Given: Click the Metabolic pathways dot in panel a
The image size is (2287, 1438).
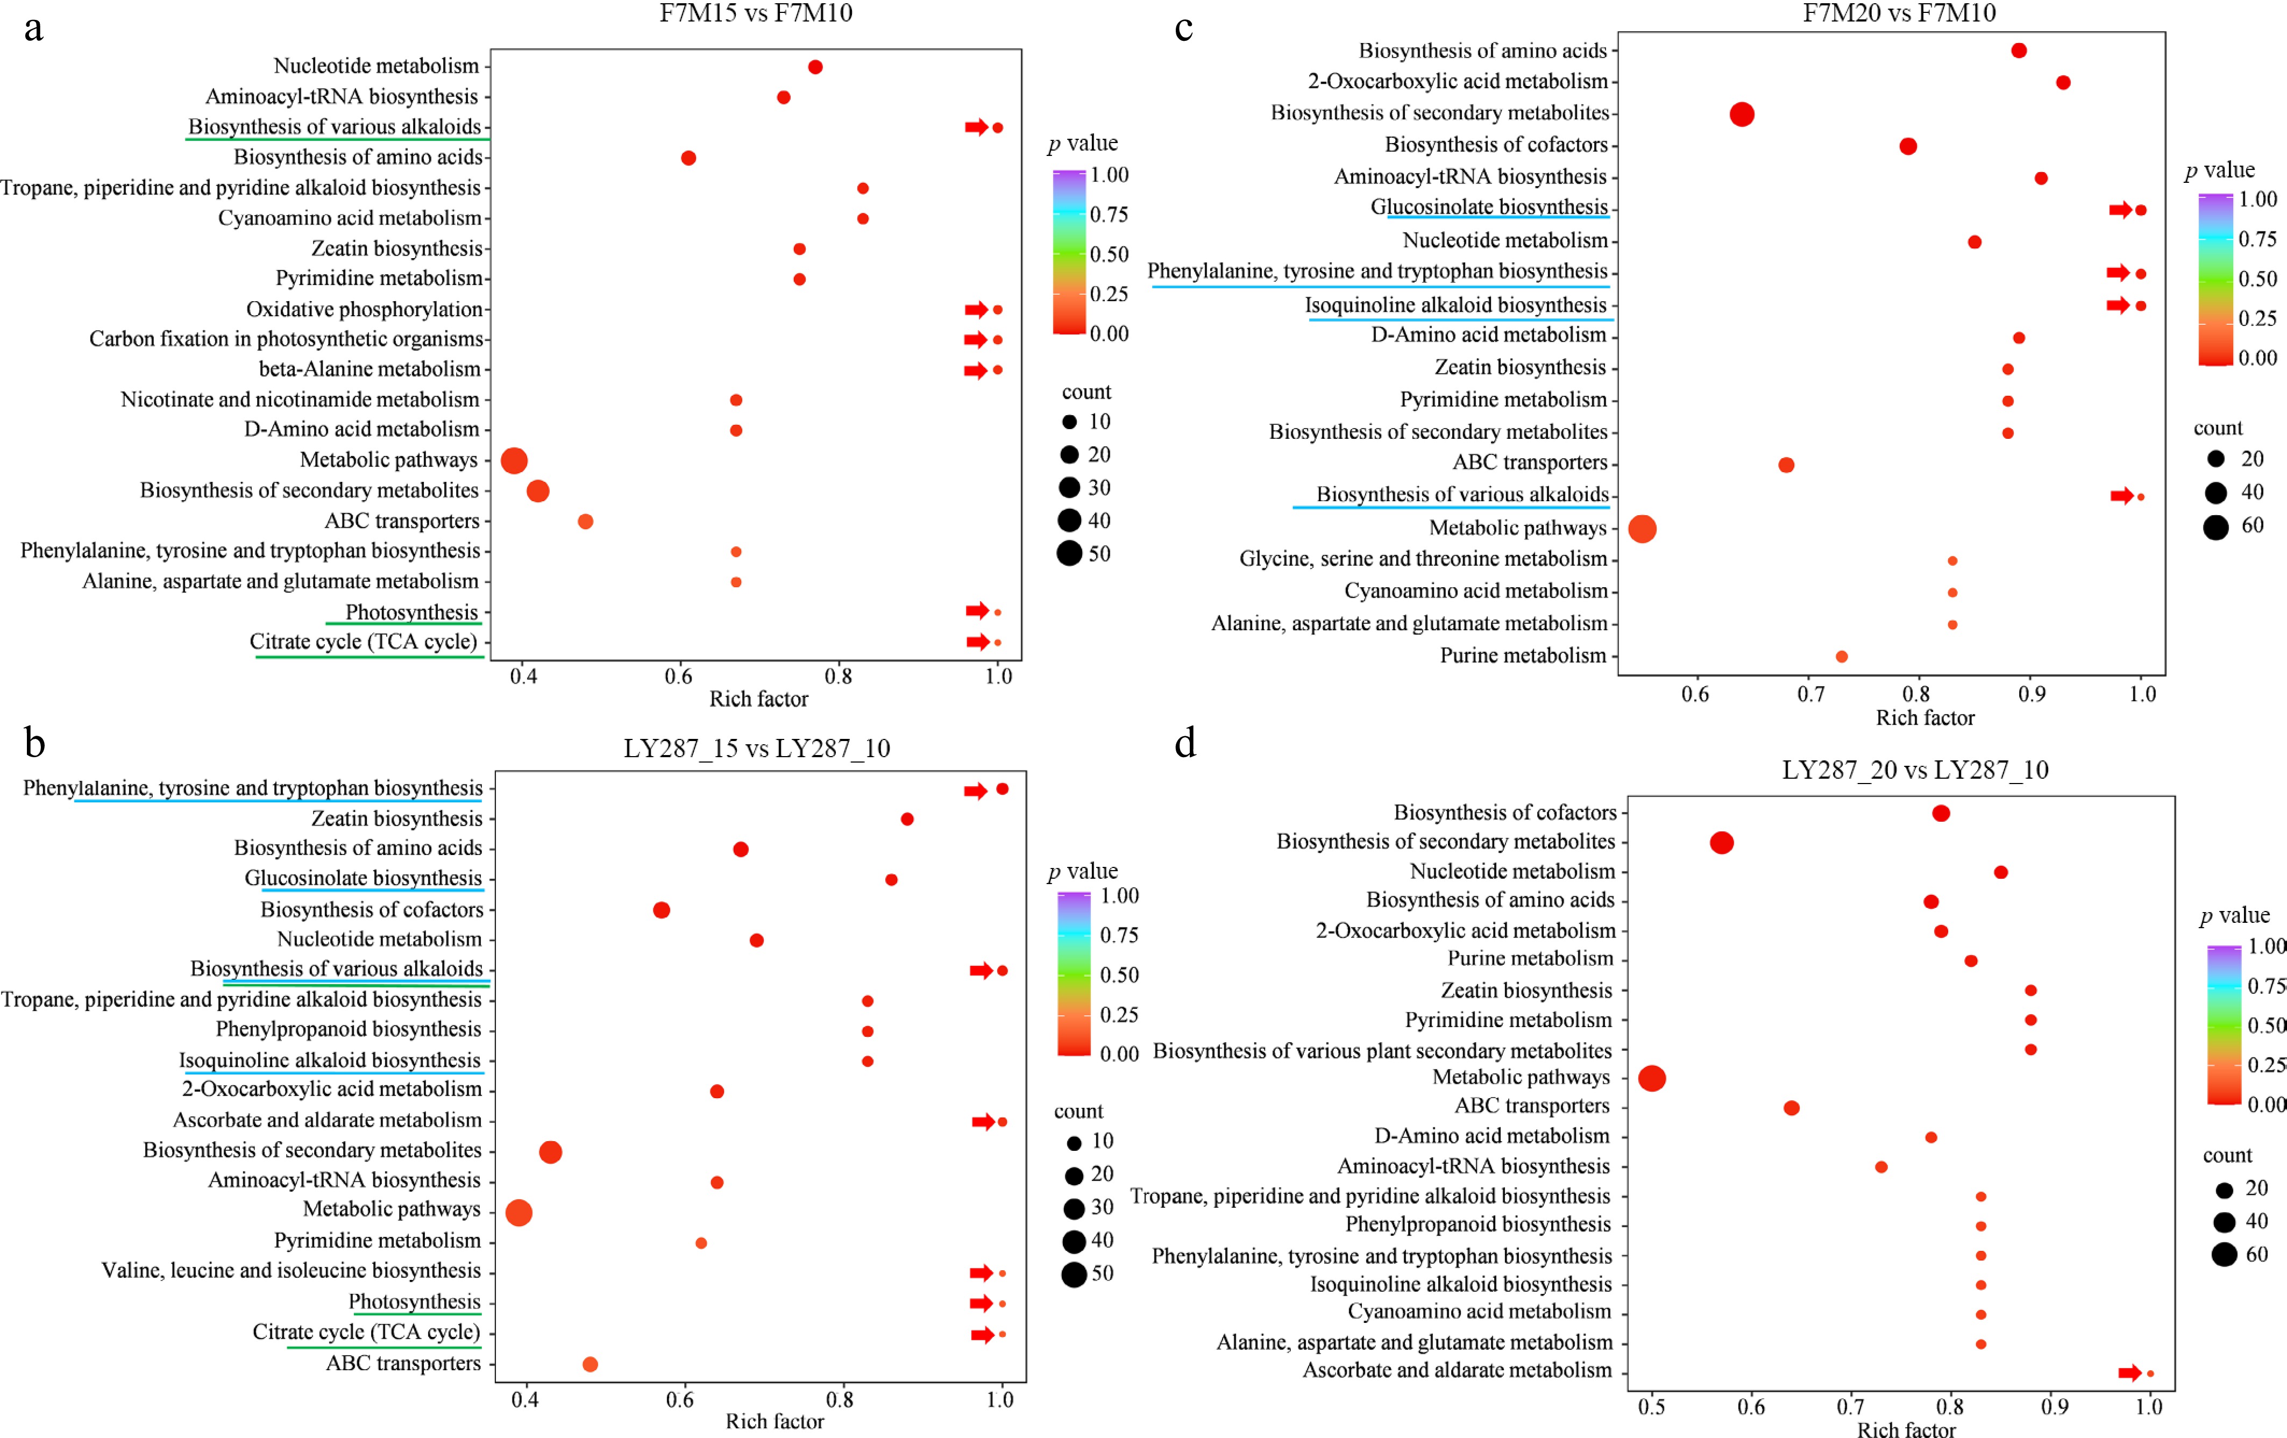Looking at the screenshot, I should (514, 461).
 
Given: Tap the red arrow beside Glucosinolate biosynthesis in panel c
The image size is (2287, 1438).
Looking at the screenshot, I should (2120, 210).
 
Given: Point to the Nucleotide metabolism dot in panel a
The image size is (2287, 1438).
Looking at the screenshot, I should (815, 67).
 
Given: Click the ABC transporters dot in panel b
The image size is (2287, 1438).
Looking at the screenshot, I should (590, 1364).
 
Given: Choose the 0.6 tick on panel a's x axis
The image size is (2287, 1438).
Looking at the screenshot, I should (678, 677).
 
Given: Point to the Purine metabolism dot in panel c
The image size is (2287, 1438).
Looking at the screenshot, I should (1842, 656).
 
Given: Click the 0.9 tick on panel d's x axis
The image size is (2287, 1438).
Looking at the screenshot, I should (2054, 1407).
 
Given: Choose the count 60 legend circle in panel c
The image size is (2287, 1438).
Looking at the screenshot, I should (2216, 527).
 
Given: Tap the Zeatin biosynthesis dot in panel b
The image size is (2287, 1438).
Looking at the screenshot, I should (907, 818).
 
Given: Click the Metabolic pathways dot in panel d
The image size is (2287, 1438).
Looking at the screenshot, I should (1652, 1078).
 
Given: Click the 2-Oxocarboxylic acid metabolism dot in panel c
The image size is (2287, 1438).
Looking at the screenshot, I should (2063, 83).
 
